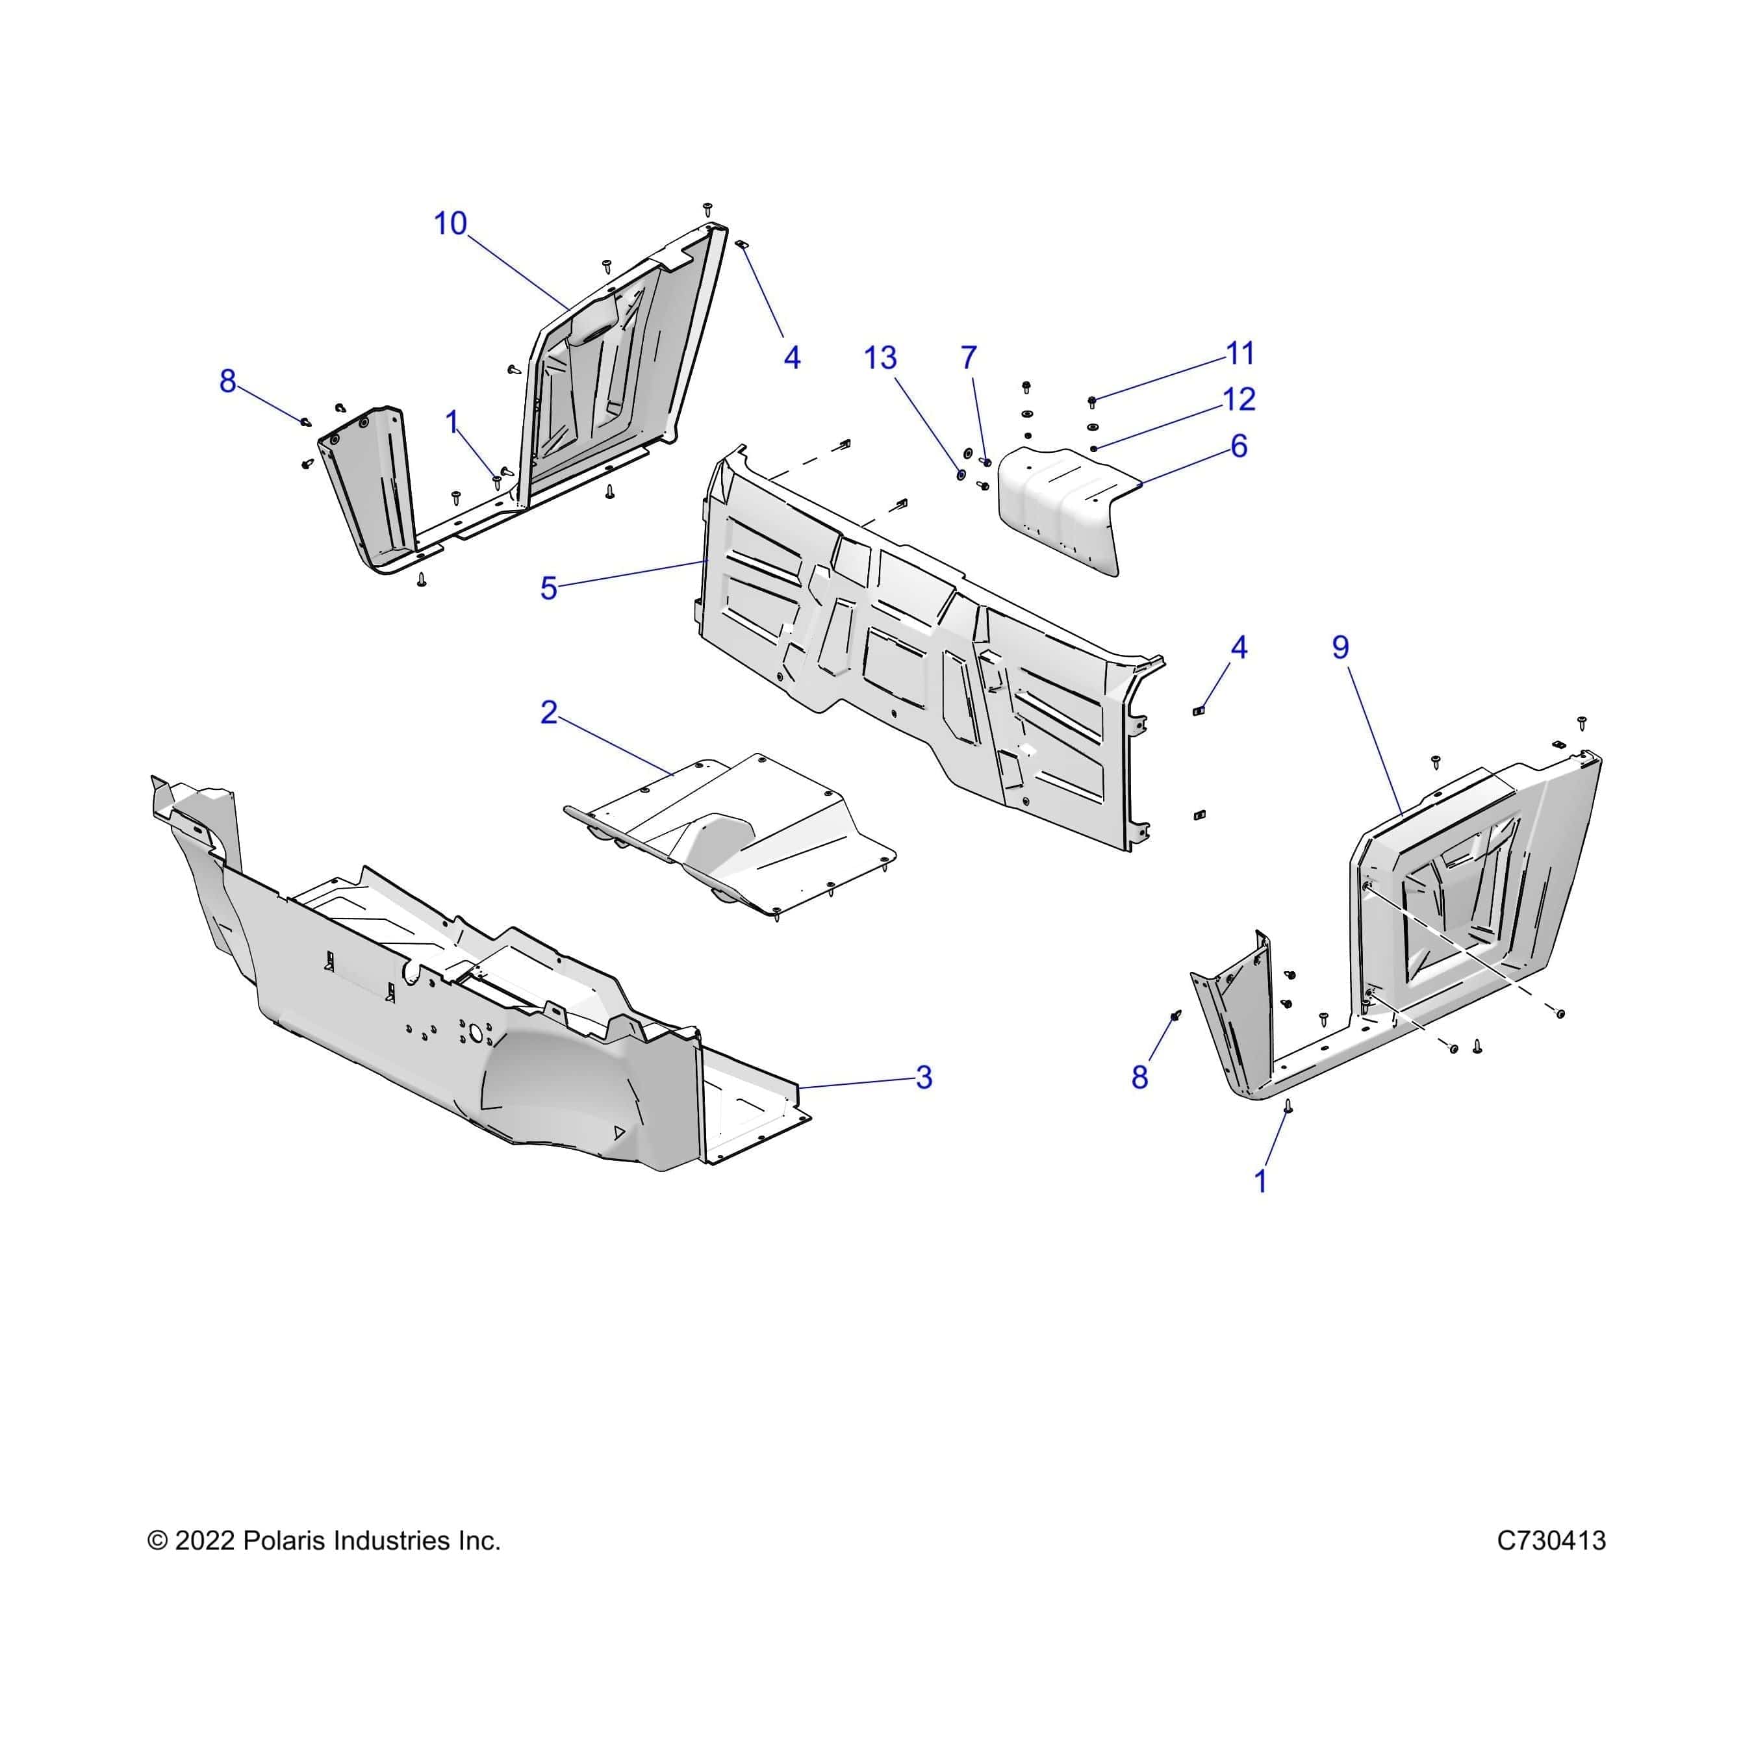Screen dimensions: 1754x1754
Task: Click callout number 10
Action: (x=450, y=223)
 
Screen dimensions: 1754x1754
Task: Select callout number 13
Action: (x=880, y=358)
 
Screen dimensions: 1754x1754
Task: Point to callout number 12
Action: (x=1239, y=399)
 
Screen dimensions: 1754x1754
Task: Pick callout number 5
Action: (x=548, y=589)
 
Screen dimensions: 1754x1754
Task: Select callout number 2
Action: (x=548, y=713)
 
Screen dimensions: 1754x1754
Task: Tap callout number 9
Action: (x=1340, y=647)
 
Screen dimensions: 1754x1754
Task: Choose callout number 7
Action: (x=969, y=358)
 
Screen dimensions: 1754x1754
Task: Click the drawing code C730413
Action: (x=1551, y=1541)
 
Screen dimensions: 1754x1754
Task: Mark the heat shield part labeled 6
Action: (x=1058, y=509)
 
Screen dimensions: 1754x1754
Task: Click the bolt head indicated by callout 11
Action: (x=1092, y=400)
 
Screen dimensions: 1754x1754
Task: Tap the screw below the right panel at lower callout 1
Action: (x=1288, y=1105)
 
